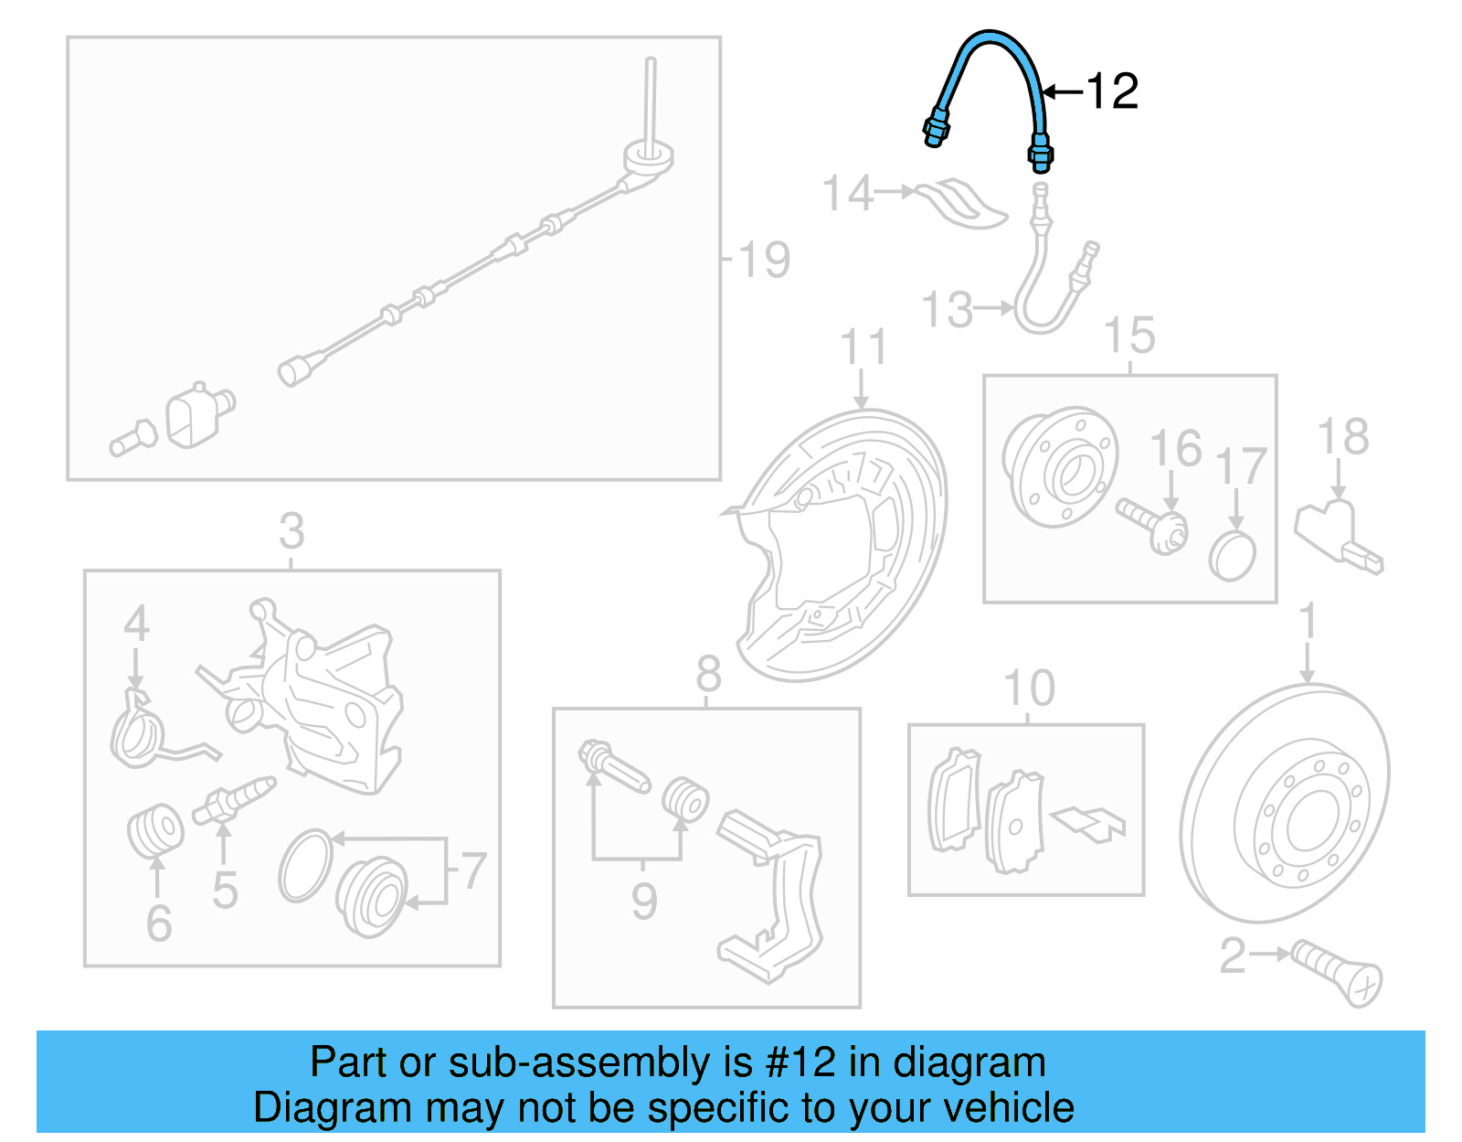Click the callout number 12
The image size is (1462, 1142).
pyautogui.click(x=1112, y=91)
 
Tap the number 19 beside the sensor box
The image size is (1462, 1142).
pyautogui.click(x=764, y=260)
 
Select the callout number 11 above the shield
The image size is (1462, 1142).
pyautogui.click(x=863, y=347)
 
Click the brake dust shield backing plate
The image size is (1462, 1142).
pyautogui.click(x=845, y=549)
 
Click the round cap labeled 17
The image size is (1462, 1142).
pyautogui.click(x=1233, y=556)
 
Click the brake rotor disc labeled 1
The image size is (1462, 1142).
pyautogui.click(x=1284, y=805)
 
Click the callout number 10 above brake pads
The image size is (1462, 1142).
pyautogui.click(x=1029, y=688)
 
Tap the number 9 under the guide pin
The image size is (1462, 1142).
pyautogui.click(x=644, y=902)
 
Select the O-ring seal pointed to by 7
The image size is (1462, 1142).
pyautogui.click(x=305, y=865)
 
